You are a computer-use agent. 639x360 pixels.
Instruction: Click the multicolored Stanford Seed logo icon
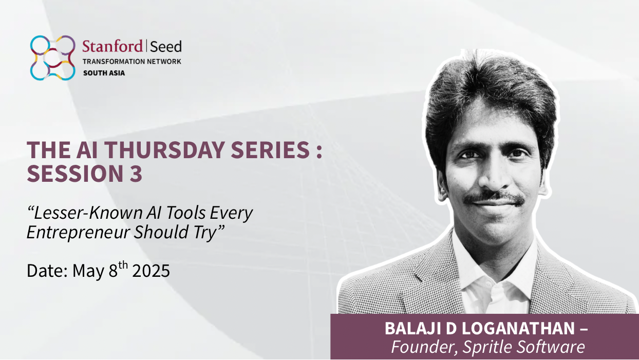tap(53, 58)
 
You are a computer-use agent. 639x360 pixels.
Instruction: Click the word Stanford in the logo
tap(112, 46)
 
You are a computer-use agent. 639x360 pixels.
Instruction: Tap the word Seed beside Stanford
tap(166, 47)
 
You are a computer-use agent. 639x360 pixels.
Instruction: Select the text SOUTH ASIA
tap(104, 73)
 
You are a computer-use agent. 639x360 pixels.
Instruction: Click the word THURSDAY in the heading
tap(164, 150)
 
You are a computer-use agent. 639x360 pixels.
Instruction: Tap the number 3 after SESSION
tap(136, 174)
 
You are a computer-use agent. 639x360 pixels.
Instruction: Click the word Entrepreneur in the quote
tap(78, 232)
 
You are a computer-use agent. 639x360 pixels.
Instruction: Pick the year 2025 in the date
tap(151, 271)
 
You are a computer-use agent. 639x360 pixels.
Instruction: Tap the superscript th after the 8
tap(123, 266)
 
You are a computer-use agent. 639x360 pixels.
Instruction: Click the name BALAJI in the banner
tap(413, 328)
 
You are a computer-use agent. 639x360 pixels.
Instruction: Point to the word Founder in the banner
tap(424, 347)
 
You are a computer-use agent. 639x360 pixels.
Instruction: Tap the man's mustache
tap(494, 197)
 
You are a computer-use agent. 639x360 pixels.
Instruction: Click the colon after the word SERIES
tap(319, 150)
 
